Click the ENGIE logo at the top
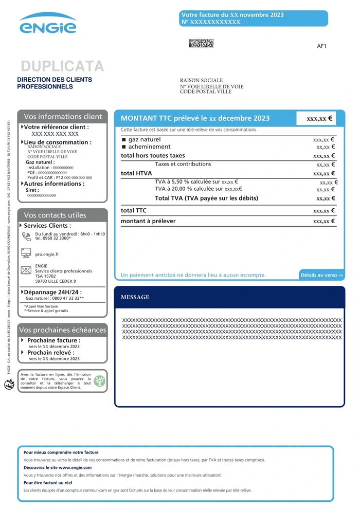pos(48,24)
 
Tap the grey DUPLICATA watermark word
pos(62,66)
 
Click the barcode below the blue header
pos(201,43)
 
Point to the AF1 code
pos(321,46)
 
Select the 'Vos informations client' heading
pos(63,117)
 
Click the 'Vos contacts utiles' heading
pos(55,215)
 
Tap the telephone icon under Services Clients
pos(27,237)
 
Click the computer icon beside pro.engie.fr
pos(26,253)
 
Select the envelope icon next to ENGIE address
pos(26,270)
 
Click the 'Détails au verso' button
pos(321,276)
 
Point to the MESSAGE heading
pos(135,297)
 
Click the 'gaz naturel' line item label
pos(145,139)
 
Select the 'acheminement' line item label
pos(149,147)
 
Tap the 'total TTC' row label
pos(134,210)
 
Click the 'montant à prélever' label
pos(148,221)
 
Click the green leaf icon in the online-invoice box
pos(99,381)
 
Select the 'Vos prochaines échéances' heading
pos(62,330)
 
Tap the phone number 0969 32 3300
pos(52,239)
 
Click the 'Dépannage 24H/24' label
pos(53,292)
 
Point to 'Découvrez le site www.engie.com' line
pos(58,467)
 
